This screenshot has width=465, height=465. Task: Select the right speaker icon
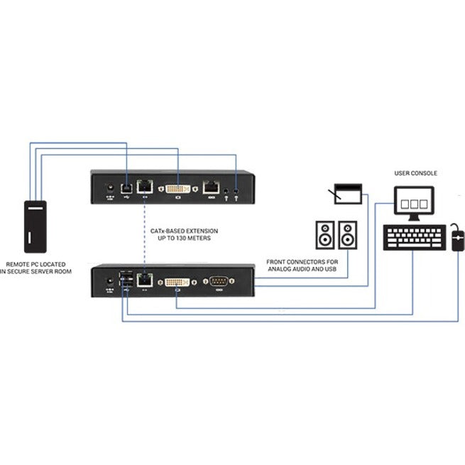pos(349,234)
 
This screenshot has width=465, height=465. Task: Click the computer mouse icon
pos(457,239)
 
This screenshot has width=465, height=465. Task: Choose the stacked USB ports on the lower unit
pos(126,279)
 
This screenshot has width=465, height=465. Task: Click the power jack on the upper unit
pos(109,187)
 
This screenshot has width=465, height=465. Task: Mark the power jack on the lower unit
pos(109,283)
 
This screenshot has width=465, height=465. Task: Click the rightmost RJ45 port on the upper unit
pos(211,187)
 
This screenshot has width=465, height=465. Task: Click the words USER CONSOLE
pos(415,173)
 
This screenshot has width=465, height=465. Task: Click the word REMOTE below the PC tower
pos(18,263)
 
